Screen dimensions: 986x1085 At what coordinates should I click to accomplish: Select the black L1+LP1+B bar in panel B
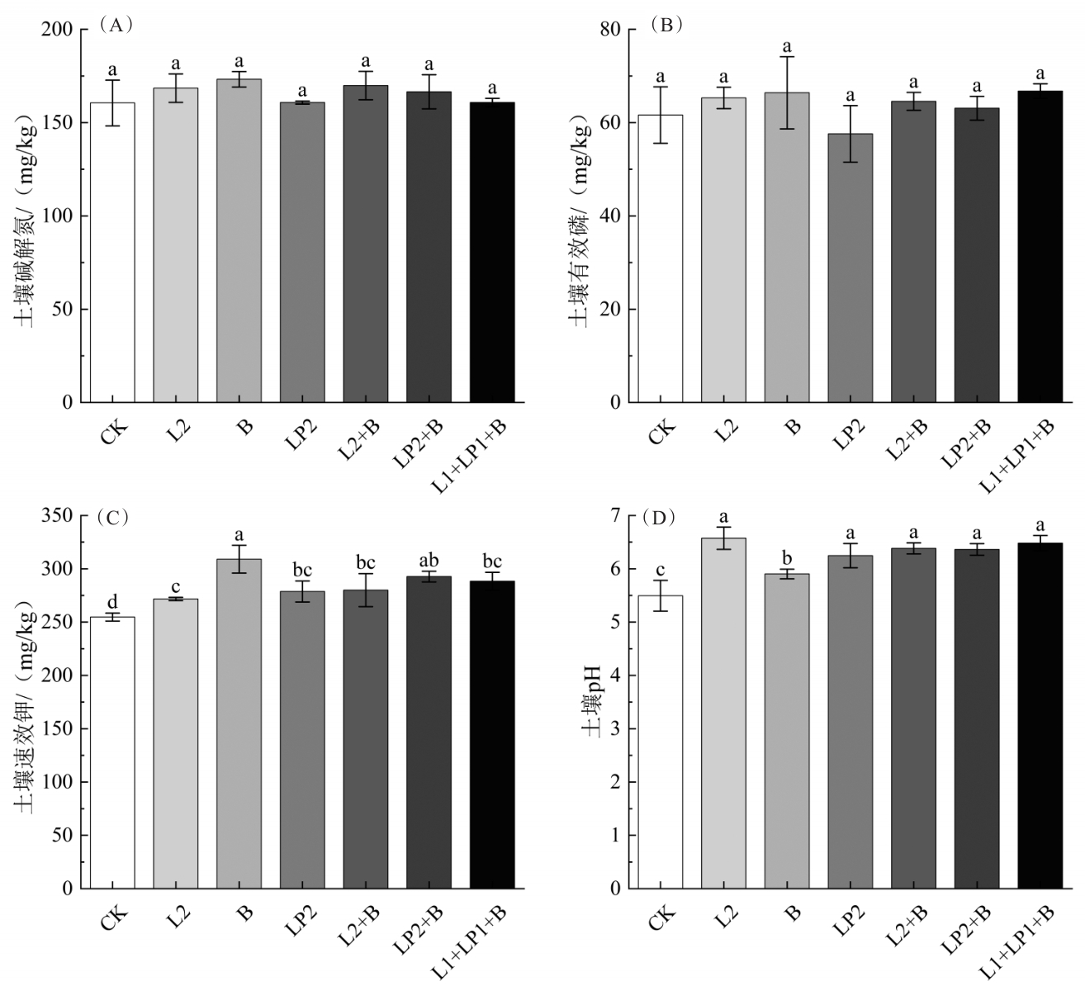tap(1040, 247)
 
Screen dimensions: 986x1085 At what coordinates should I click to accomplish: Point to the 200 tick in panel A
tap(60, 30)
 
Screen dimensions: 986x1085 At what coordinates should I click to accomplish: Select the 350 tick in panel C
tap(60, 516)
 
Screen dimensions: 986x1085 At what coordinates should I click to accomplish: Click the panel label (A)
tap(116, 25)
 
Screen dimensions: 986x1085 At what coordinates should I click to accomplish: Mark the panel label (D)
tap(661, 518)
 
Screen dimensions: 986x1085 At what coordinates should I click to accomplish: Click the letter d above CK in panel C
tap(113, 601)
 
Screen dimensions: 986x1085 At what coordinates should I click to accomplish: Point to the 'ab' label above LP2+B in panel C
tap(429, 559)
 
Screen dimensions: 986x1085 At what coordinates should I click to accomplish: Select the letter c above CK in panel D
tap(660, 570)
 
